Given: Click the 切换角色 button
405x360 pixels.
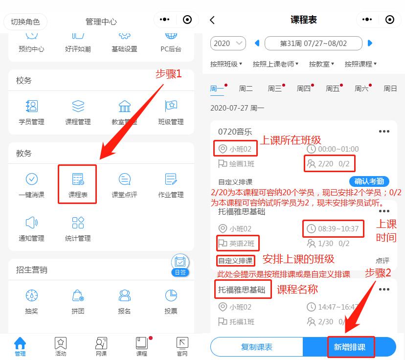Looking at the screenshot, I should pyautogui.click(x=25, y=22).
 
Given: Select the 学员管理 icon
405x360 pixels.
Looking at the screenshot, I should pyautogui.click(x=31, y=112).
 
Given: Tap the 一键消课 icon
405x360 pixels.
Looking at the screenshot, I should pyautogui.click(x=31, y=184).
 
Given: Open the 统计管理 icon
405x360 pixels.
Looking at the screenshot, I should pyautogui.click(x=78, y=228).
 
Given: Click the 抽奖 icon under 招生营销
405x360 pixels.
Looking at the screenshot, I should pyautogui.click(x=31, y=300).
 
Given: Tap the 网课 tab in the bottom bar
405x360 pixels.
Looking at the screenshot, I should pyautogui.click(x=101, y=346).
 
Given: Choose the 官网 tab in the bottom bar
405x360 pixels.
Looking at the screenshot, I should pyautogui.click(x=182, y=346).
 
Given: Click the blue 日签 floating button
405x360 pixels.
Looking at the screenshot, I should pyautogui.click(x=180, y=265).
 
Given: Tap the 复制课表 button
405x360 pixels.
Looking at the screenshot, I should pyautogui.click(x=257, y=347).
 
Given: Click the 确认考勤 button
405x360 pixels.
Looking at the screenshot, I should pyautogui.click(x=369, y=181).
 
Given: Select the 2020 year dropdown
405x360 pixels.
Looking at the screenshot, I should pyautogui.click(x=228, y=43).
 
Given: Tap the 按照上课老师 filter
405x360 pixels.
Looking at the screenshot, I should pyautogui.click(x=275, y=64).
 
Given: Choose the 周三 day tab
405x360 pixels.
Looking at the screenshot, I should pyautogui.click(x=275, y=89).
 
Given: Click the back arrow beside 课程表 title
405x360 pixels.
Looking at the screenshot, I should pyautogui.click(x=212, y=20).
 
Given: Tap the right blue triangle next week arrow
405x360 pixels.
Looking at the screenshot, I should pyautogui.click(x=370, y=43).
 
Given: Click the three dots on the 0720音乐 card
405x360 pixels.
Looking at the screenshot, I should pyautogui.click(x=384, y=131).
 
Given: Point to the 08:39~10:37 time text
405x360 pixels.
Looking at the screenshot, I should pyautogui.click(x=338, y=228).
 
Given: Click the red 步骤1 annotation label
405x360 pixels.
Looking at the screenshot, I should pyautogui.click(x=168, y=74).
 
